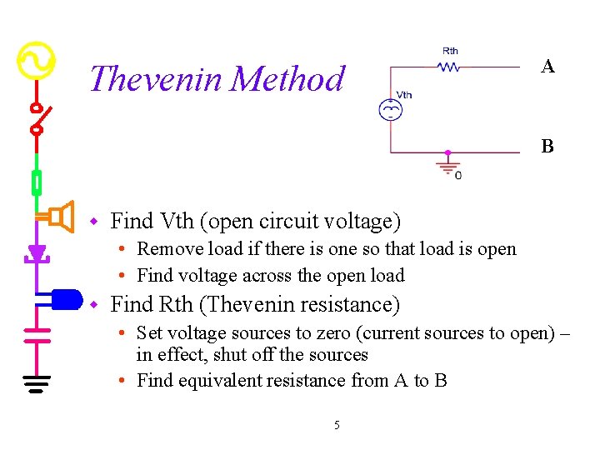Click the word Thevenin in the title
tap(155, 79)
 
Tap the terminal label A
tap(547, 67)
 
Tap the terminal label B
tap(547, 147)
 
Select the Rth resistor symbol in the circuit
tap(449, 67)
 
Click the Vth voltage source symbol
tap(389, 109)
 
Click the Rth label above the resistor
tap(450, 52)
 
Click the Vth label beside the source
tap(404, 95)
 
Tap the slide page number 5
tap(337, 425)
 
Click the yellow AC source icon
tap(37, 61)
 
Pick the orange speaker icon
tap(58, 217)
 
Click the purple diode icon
tap(37, 251)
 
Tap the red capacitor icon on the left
tap(37, 335)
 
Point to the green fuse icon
tap(37, 181)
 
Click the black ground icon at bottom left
tap(37, 383)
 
